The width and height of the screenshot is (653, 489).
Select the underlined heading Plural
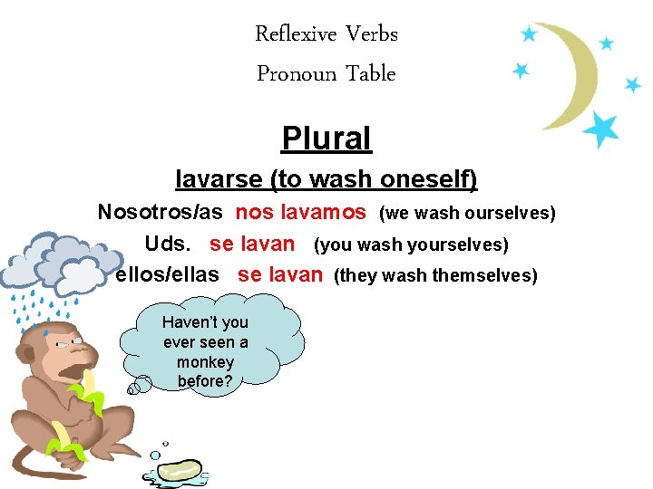pos(326,139)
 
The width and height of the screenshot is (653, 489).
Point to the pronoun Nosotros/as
pos(161,212)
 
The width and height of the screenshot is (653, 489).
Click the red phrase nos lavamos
pos(301,212)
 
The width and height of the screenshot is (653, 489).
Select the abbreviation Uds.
pos(168,244)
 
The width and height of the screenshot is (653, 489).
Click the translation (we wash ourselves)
pos(467,213)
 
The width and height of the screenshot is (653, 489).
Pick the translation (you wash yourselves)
pos(411,244)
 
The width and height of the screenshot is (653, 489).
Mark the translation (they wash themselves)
pos(435,275)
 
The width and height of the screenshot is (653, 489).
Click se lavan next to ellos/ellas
pos(280,274)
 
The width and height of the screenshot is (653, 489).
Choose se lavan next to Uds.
pos(252,244)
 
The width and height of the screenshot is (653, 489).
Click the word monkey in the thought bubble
pos(206,361)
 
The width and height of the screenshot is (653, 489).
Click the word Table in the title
pos(372,73)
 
